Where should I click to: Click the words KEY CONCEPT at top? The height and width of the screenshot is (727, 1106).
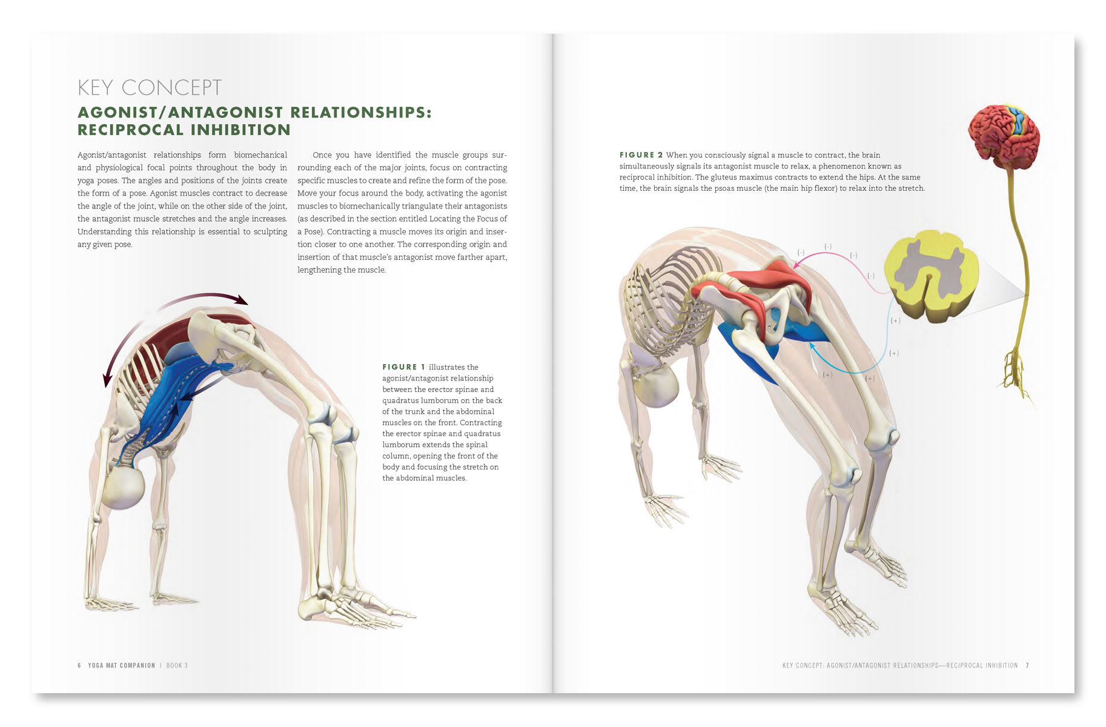tap(149, 88)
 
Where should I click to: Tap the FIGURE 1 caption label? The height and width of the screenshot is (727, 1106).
tap(403, 367)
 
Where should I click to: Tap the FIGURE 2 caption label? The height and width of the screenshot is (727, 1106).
tap(641, 155)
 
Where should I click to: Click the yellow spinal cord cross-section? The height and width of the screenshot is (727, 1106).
tap(930, 276)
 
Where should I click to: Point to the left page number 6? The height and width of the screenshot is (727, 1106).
tap(79, 665)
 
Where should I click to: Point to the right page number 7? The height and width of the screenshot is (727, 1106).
tap(1027, 665)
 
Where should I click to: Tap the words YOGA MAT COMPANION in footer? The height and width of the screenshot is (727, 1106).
tap(121, 665)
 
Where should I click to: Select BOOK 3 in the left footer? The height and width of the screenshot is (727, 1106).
tap(177, 665)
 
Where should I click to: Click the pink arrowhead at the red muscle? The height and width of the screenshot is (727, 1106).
tap(798, 264)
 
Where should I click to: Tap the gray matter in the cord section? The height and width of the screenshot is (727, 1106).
tap(927, 269)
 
